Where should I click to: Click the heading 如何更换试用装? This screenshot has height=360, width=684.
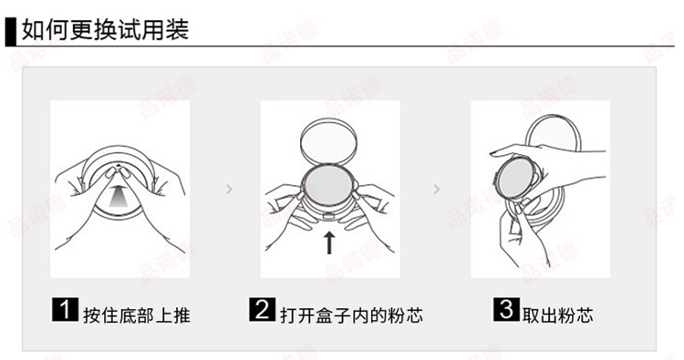coord(105,30)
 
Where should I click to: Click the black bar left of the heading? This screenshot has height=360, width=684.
coord(10,31)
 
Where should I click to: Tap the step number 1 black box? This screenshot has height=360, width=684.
coord(65,309)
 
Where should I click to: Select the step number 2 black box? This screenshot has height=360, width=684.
coord(262,309)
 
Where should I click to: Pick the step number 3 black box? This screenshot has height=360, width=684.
coord(506,309)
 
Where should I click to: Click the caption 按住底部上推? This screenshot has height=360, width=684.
coord(137,315)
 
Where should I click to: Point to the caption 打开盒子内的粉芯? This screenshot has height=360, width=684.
coord(352,315)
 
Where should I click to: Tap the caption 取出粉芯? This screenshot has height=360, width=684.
coord(558,315)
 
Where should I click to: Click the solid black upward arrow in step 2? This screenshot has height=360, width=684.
coord(329,242)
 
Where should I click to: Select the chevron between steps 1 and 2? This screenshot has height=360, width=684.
coord(230,190)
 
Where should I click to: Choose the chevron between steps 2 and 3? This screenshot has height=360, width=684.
coord(437,190)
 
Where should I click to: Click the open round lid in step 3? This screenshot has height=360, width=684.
coord(527,130)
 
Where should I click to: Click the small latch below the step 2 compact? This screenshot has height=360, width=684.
coord(329,215)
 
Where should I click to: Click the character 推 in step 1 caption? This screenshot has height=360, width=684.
coord(181,315)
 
